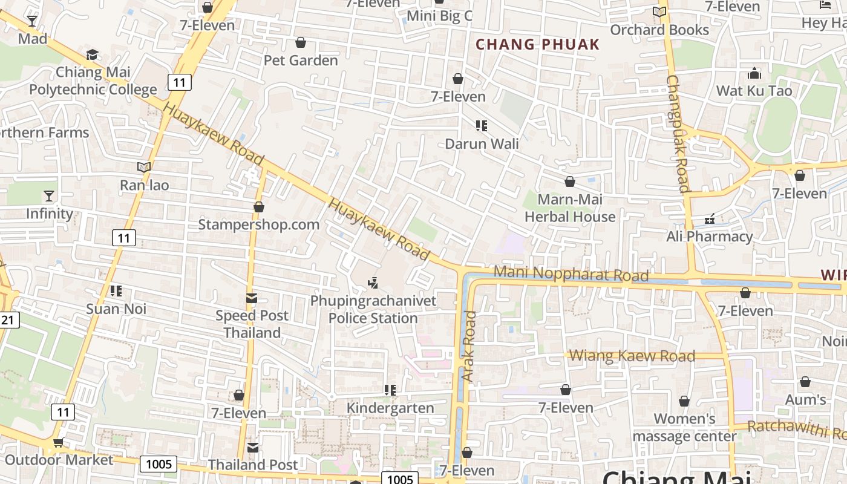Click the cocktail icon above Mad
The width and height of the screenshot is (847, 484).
pyautogui.click(x=32, y=21)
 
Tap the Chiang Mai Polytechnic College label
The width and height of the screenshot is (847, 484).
pyautogui.click(x=93, y=81)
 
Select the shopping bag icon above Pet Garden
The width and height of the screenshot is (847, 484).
pyautogui.click(x=300, y=42)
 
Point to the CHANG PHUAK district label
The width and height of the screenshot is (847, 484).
pyautogui.click(x=537, y=44)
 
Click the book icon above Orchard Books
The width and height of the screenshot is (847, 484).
pyautogui.click(x=659, y=11)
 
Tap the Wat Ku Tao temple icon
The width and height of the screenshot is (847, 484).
pyautogui.click(x=754, y=74)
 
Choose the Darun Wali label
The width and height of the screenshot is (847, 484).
pyautogui.click(x=482, y=144)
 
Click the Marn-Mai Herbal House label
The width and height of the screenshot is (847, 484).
pyautogui.click(x=569, y=208)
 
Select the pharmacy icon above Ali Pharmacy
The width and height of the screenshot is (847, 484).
pyautogui.click(x=710, y=218)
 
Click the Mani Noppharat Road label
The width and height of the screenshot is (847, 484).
pyautogui.click(x=571, y=274)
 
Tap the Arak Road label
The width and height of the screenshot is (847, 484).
pyautogui.click(x=469, y=346)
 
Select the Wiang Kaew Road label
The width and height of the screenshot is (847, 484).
pyautogui.click(x=632, y=356)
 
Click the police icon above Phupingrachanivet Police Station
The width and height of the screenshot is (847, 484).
pyautogui.click(x=373, y=282)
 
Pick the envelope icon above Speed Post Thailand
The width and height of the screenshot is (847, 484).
pyautogui.click(x=252, y=298)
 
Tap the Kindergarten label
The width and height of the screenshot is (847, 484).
pyautogui.click(x=390, y=408)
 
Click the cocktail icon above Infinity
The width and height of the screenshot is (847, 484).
pyautogui.click(x=48, y=195)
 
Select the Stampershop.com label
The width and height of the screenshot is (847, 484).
pyautogui.click(x=259, y=225)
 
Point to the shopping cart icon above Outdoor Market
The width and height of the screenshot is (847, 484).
pyautogui.click(x=58, y=442)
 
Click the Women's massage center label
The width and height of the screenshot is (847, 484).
pyautogui.click(x=685, y=427)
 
